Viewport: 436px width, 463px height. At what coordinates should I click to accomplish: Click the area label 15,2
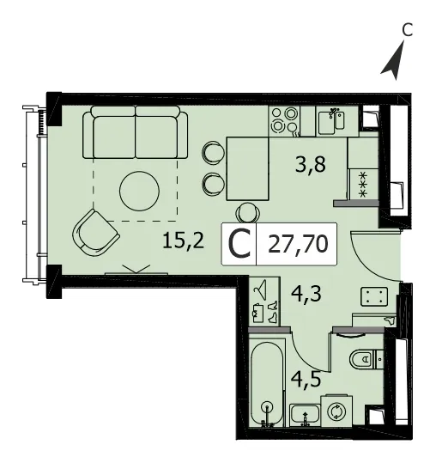point(183,240)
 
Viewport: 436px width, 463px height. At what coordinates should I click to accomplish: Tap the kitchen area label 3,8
point(311,165)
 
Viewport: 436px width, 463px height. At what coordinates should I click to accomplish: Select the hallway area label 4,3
point(306,294)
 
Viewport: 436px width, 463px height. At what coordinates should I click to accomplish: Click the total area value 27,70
point(298,245)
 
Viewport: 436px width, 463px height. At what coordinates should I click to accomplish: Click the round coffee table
point(140,191)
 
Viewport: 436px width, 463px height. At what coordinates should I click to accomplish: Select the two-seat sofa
point(136,132)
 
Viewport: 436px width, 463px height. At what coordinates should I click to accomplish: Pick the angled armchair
point(95,233)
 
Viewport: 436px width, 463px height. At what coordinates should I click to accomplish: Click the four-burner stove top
point(284,121)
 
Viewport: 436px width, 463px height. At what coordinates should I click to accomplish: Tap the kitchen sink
point(337,121)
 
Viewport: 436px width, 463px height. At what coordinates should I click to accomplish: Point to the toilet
point(366,359)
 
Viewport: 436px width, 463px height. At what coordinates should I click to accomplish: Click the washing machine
point(336,411)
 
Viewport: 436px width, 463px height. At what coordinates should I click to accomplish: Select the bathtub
point(267,383)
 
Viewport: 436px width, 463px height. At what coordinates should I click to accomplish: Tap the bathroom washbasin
point(305,415)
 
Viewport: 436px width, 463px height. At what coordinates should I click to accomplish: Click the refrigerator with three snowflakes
point(364,184)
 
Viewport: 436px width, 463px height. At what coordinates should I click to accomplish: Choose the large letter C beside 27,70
point(239,245)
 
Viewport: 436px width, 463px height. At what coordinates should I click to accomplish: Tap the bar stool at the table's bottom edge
point(248,213)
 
